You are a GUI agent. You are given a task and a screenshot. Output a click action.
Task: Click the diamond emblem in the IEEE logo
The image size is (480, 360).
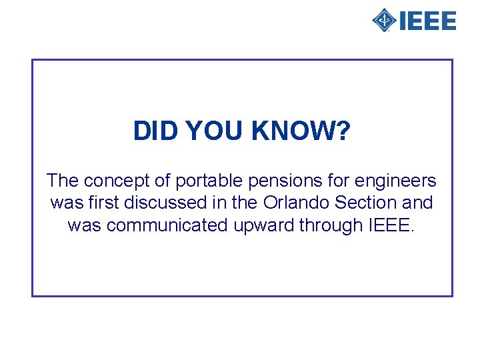[384, 21]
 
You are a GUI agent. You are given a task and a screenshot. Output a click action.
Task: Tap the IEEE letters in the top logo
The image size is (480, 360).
[427, 21]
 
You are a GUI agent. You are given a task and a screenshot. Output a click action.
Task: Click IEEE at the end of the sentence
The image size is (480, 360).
[391, 225]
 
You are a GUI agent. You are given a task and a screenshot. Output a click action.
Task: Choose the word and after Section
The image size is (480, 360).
[417, 203]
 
